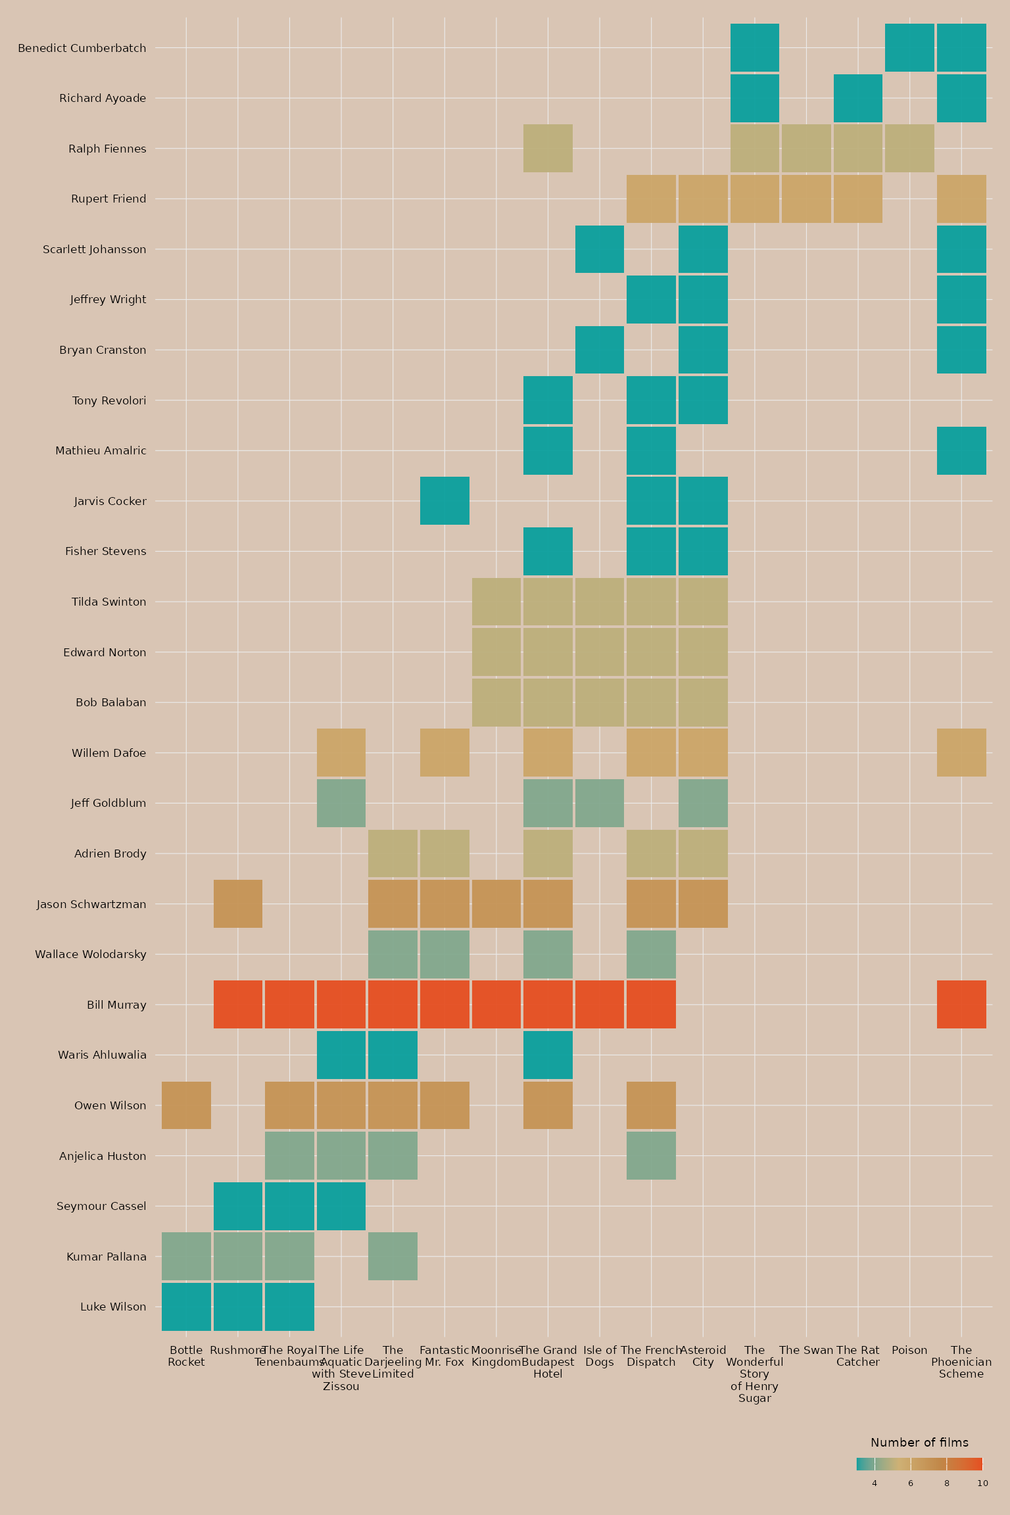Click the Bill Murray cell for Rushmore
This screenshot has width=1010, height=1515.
coord(238,1004)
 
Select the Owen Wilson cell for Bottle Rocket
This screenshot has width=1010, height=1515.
coord(186,1105)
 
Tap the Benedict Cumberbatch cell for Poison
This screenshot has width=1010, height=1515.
coord(909,47)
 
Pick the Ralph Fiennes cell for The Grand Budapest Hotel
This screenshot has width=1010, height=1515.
coord(548,149)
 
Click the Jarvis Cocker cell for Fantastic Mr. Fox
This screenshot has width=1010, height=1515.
coord(445,501)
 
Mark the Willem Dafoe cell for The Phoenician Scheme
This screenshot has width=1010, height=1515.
coord(961,752)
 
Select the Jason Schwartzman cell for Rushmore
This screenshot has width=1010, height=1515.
coord(238,903)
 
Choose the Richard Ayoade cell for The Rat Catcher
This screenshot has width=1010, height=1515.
coord(858,98)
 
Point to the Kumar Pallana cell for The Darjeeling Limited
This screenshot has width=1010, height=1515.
coord(393,1257)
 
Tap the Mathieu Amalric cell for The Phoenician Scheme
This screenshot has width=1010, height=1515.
coord(961,450)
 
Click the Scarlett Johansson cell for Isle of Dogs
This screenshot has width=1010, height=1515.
coord(600,249)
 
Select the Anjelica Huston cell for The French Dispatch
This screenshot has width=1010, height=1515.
coord(651,1156)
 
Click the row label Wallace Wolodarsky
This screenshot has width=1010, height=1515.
coord(91,954)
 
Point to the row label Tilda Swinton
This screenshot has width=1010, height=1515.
coord(109,602)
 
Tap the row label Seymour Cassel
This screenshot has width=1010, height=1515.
coord(101,1206)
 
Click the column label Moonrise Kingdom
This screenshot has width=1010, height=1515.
coord(496,1356)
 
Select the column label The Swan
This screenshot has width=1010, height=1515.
coord(806,1350)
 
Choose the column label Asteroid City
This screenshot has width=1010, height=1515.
coord(703,1356)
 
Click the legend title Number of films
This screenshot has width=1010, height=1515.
coord(919,1443)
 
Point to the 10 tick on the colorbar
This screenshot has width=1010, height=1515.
coord(982,1483)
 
